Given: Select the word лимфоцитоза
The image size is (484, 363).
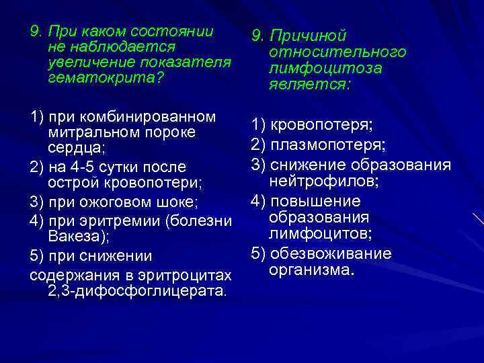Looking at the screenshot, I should click(x=325, y=69).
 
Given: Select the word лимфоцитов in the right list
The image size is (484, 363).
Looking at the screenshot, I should click(x=320, y=234).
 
